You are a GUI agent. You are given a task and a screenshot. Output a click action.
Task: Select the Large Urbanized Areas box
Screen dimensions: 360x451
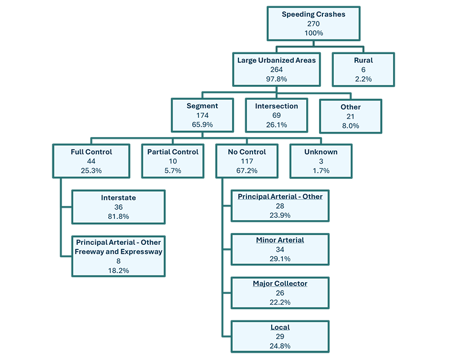(276, 69)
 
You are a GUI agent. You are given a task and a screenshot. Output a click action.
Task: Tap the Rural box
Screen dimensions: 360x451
(364, 69)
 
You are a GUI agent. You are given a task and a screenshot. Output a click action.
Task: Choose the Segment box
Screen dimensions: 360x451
(202, 115)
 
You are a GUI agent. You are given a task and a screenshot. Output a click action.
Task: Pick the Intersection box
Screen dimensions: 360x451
(277, 115)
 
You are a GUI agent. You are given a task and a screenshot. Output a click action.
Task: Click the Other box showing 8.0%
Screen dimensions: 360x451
(351, 116)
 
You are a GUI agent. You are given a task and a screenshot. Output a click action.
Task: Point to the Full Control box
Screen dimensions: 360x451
(91, 161)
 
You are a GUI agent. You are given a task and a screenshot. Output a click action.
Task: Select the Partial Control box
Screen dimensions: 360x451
(173, 161)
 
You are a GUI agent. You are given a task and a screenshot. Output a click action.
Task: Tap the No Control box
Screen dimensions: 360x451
(246, 161)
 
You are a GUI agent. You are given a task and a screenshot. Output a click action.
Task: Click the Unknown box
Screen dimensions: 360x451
(321, 161)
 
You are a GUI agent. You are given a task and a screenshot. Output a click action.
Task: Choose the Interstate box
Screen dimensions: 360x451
(118, 207)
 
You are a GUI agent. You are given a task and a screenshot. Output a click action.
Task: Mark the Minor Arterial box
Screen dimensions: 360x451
(280, 249)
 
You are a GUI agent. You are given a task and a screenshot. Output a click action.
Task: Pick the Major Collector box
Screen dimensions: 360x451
(280, 293)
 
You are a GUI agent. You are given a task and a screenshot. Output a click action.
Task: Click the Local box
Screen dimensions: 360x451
(280, 336)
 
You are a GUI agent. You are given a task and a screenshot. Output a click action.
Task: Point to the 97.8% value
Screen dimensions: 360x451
(276, 79)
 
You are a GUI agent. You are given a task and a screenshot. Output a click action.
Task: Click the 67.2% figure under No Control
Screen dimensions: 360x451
(246, 170)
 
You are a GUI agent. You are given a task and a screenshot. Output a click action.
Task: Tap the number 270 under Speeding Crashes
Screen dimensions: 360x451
(314, 24)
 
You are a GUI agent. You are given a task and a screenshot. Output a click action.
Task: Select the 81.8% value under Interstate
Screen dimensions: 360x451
(118, 217)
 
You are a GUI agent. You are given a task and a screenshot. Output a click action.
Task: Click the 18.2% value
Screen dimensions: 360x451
(118, 270)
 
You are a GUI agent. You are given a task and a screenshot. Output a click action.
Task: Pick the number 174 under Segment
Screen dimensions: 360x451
(202, 115)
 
